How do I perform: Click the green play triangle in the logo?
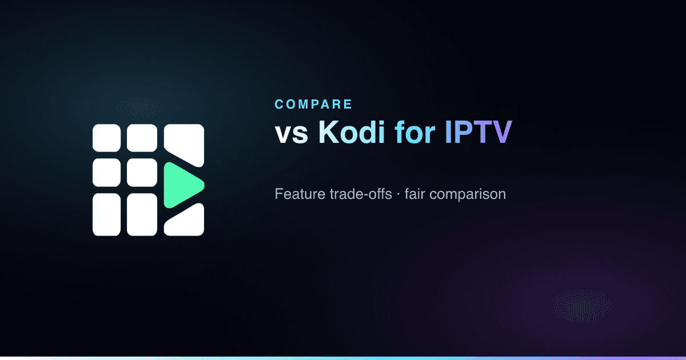tap(181, 186)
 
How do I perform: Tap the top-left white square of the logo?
tap(106, 138)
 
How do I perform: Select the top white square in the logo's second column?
tap(142, 138)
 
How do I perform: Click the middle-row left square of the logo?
tap(106, 173)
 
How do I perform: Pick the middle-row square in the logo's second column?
tap(142, 173)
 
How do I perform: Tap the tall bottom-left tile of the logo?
tap(106, 215)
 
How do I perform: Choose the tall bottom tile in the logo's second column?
tap(142, 215)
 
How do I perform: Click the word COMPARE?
tap(313, 105)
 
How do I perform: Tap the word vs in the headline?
tap(291, 134)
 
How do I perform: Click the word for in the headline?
tap(415, 132)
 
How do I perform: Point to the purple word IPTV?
tap(478, 132)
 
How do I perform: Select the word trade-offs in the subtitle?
tap(361, 194)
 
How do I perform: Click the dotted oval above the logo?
tap(139, 107)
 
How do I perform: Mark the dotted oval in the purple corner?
tap(581, 306)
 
